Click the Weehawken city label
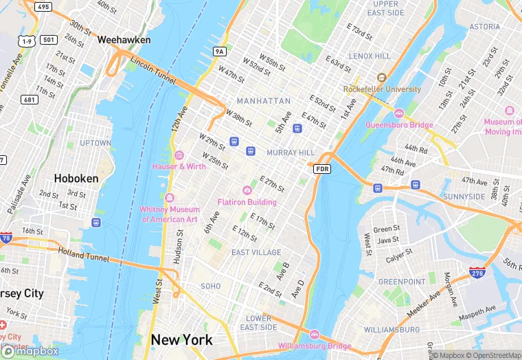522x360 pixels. [124, 40]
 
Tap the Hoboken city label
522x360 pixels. [76, 178]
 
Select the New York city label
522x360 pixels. [181, 339]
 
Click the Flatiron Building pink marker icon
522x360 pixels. [247, 190]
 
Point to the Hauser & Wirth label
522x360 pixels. [179, 166]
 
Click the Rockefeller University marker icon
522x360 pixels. [381, 78]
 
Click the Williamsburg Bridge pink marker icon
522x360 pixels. [314, 335]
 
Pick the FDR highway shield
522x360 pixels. [323, 168]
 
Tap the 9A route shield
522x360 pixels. [219, 51]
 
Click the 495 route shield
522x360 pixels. [43, 6]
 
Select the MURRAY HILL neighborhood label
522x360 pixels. [290, 152]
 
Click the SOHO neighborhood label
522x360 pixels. [210, 286]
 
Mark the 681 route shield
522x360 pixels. [30, 100]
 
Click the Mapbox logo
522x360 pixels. [30, 351]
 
